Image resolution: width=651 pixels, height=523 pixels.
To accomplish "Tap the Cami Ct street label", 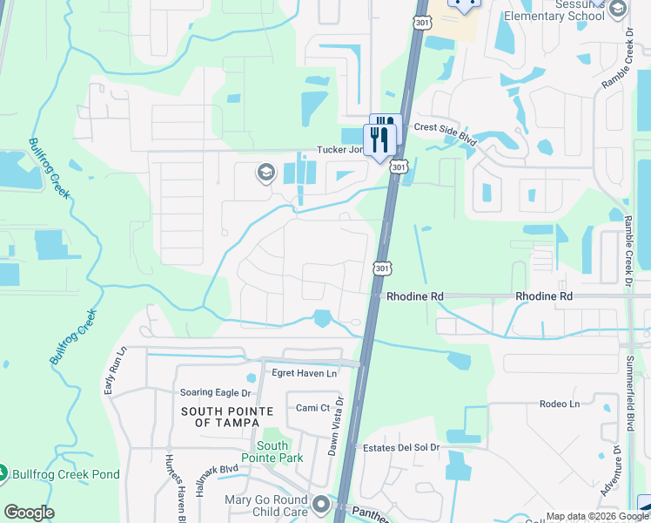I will coord(312,408).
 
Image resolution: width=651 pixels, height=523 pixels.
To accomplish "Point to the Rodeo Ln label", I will coord(559,404).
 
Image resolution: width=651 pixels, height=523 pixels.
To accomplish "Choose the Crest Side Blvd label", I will coord(446,127).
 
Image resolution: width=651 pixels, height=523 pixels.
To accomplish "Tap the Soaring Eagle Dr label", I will coord(214,393).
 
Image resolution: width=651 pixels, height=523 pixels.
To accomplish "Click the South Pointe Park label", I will coord(272,452).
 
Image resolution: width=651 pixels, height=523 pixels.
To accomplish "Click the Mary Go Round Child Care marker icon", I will coord(322,504).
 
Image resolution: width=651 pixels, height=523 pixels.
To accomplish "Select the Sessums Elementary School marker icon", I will coord(617,10).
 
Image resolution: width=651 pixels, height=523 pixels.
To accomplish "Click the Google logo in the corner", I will coord(28,513).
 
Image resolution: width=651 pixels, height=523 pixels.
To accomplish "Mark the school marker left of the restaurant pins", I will coord(265,173).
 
